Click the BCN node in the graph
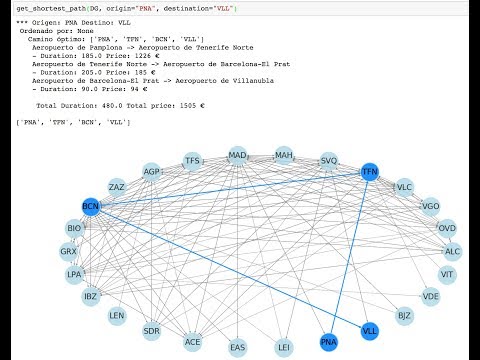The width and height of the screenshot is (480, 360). click(x=91, y=207)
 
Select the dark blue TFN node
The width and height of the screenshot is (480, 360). click(x=370, y=172)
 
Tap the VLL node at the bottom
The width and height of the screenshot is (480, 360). click(x=370, y=330)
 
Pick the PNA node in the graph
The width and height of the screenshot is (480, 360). click(x=328, y=342)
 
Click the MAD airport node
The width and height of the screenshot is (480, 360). click(x=237, y=156)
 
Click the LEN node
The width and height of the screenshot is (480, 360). click(x=117, y=316)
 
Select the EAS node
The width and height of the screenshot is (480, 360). click(x=237, y=348)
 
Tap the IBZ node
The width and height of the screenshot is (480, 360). click(x=90, y=296)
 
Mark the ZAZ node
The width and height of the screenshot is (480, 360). click(x=117, y=187)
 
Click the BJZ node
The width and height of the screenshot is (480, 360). click(x=404, y=316)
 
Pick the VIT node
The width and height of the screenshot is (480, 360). click(x=447, y=274)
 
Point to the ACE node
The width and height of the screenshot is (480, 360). click(x=192, y=342)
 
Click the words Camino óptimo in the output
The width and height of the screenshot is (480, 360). click(x=49, y=38)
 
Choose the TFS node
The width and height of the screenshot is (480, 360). click(x=192, y=160)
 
